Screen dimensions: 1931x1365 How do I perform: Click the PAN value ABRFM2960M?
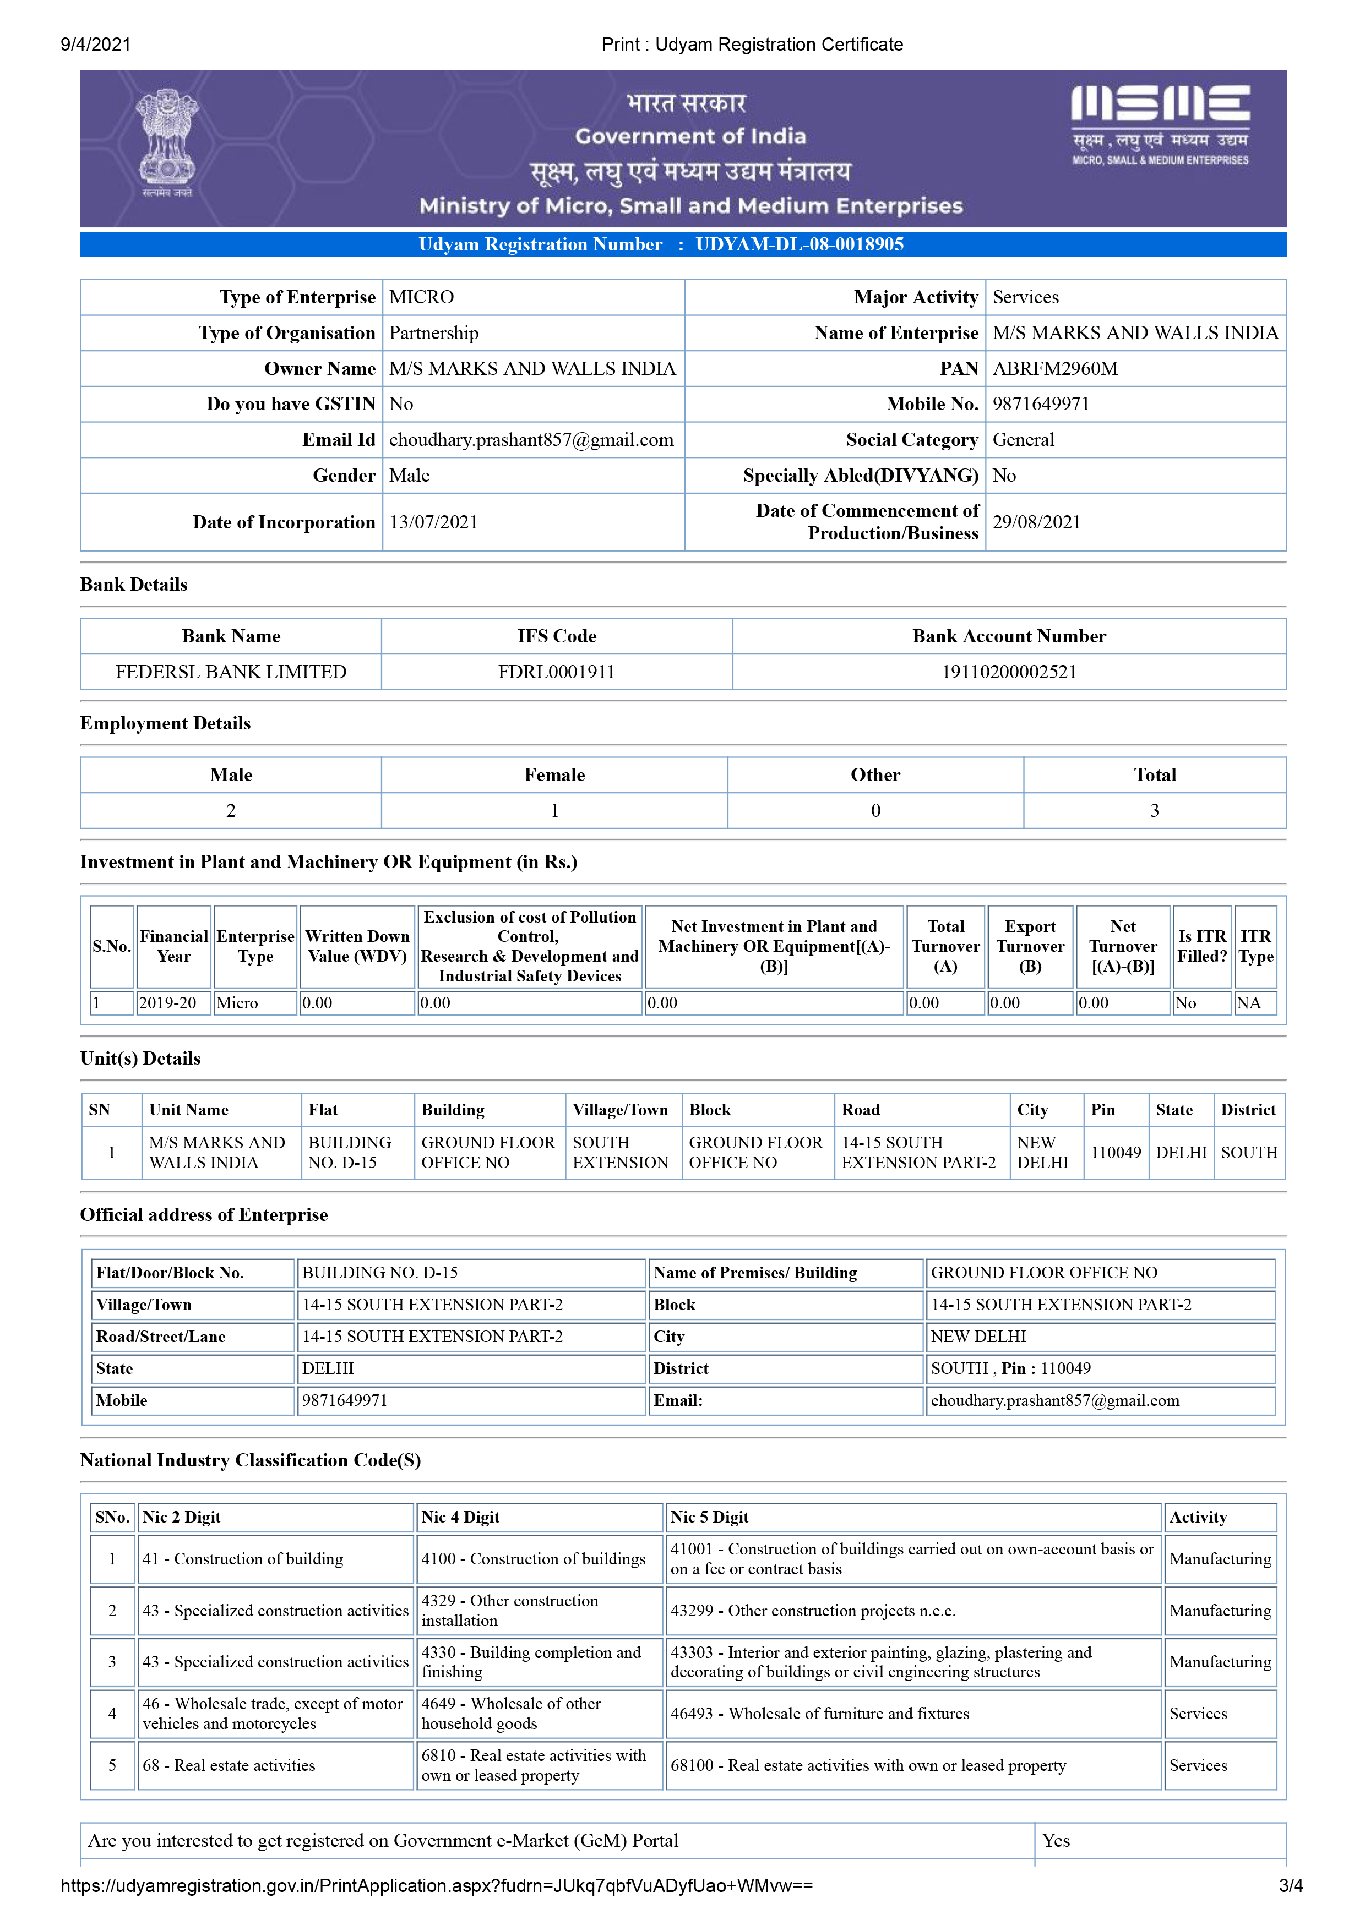(1054, 368)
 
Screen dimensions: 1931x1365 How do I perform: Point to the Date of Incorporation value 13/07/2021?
(433, 522)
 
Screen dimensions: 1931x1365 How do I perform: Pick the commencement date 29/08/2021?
(1036, 522)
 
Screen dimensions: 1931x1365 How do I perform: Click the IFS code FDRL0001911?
(556, 672)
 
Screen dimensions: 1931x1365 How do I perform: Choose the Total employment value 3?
(1154, 811)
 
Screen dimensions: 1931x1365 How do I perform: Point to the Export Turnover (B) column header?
(1030, 946)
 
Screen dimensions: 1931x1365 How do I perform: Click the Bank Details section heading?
(134, 585)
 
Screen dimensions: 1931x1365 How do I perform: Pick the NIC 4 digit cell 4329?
(510, 1611)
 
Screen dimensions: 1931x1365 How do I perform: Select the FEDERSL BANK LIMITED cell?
(231, 672)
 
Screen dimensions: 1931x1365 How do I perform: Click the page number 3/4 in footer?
(1290, 1885)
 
